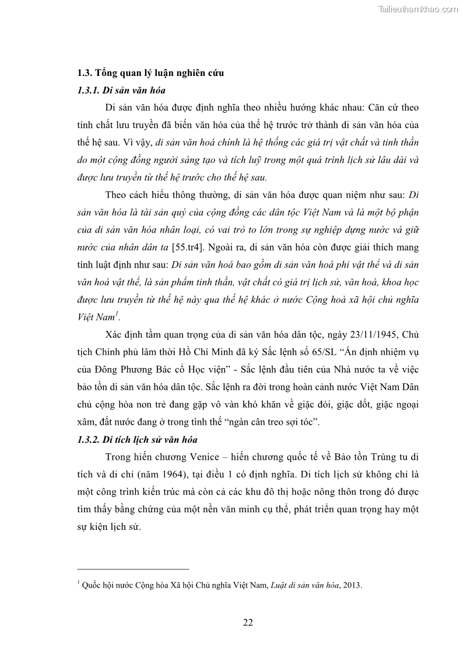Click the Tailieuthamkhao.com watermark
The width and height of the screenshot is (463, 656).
(x=418, y=9)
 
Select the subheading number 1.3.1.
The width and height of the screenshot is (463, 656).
(x=88, y=91)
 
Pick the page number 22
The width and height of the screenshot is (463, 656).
(x=248, y=623)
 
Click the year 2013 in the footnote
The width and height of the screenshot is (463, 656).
(x=352, y=584)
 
